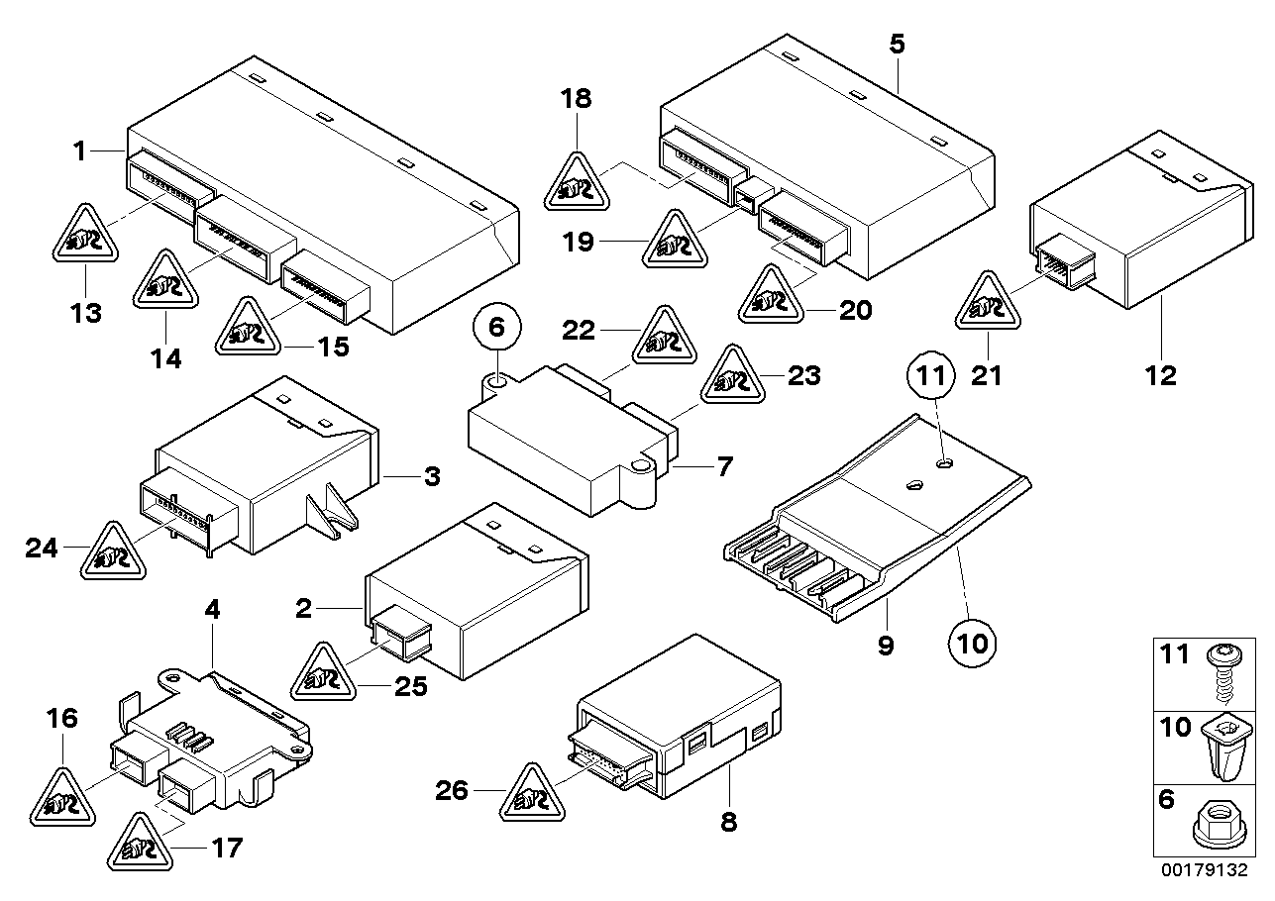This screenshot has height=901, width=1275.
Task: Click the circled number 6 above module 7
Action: (x=497, y=326)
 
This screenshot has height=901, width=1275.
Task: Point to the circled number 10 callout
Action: (x=973, y=643)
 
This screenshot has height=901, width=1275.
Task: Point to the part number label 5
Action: (x=896, y=44)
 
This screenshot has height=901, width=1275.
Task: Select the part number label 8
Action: (x=728, y=822)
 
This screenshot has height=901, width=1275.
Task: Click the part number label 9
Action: (x=885, y=646)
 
